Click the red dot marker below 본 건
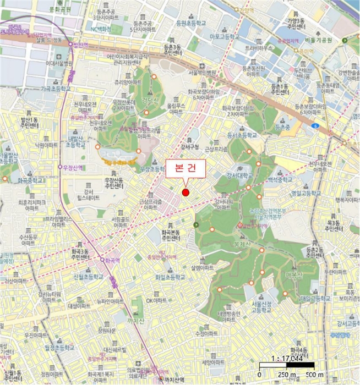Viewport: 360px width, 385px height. [186, 192]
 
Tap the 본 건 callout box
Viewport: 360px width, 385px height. [186, 169]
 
